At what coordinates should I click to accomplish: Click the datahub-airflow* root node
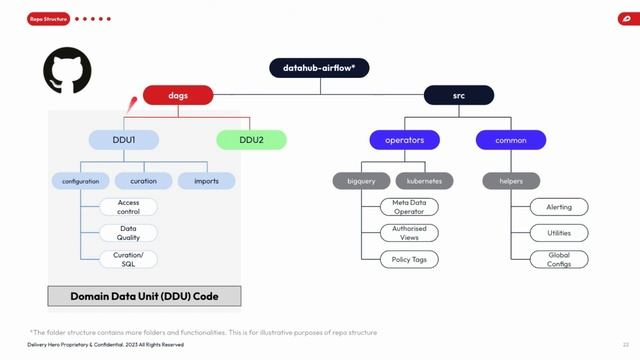click(x=319, y=67)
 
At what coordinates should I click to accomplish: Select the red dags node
click(x=179, y=96)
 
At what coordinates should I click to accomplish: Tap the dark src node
click(x=459, y=96)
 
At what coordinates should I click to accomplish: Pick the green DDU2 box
click(x=250, y=140)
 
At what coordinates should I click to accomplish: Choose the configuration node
click(x=80, y=181)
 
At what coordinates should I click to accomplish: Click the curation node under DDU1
click(x=143, y=181)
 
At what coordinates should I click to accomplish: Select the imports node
click(x=207, y=181)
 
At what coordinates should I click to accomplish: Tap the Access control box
click(x=128, y=207)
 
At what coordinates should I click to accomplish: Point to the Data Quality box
click(x=128, y=233)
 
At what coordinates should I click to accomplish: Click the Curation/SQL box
click(x=128, y=259)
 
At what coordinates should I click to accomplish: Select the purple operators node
click(x=404, y=140)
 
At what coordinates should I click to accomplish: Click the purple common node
click(x=510, y=140)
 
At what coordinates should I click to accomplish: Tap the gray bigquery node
click(x=361, y=181)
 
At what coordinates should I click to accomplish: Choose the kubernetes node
click(x=425, y=181)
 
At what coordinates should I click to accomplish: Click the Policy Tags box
click(x=408, y=259)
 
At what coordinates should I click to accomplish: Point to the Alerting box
click(x=559, y=207)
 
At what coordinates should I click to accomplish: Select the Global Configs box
click(x=559, y=259)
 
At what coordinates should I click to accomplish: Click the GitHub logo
click(x=67, y=73)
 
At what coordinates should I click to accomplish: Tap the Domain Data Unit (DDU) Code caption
click(x=145, y=297)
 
